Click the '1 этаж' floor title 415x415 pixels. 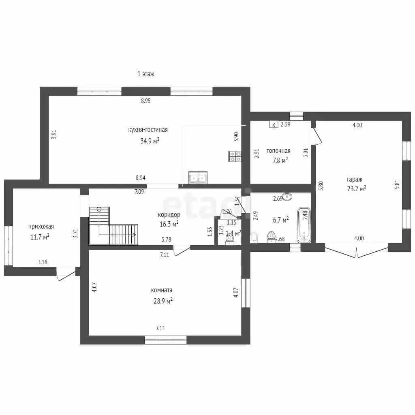coord(145,74)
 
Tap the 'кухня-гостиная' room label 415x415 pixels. coord(148,130)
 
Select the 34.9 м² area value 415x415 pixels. coord(150,141)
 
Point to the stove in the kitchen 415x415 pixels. coord(235,156)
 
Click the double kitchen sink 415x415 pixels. coord(198,178)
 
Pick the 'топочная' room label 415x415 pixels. coord(278,151)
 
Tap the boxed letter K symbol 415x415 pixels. coord(274,124)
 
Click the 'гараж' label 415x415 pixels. coord(354,180)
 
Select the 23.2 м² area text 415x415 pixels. coord(357,188)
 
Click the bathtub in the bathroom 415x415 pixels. coord(304,225)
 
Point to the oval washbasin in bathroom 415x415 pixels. coord(287,197)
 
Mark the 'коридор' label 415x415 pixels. coord(169,215)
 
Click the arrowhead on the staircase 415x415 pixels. coord(135,235)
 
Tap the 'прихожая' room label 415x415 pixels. coord(41,227)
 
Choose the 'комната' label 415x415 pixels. coord(161,290)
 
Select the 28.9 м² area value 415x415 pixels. coord(163,301)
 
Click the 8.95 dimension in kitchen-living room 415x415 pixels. coord(145,101)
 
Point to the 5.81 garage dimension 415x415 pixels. coord(397,184)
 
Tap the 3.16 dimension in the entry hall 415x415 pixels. coord(42,262)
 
